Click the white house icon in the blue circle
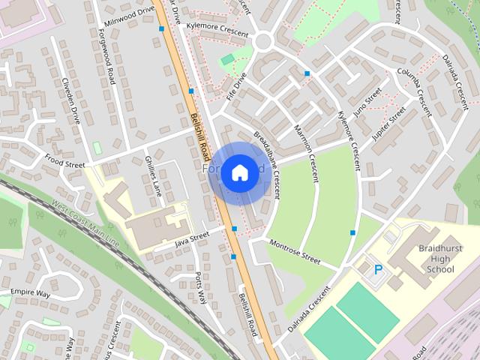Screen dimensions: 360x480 (x=239, y=173)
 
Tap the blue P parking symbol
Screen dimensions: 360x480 (x=378, y=268)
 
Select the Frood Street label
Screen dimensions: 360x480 (x=64, y=158)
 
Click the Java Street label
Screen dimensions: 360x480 (x=191, y=240)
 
